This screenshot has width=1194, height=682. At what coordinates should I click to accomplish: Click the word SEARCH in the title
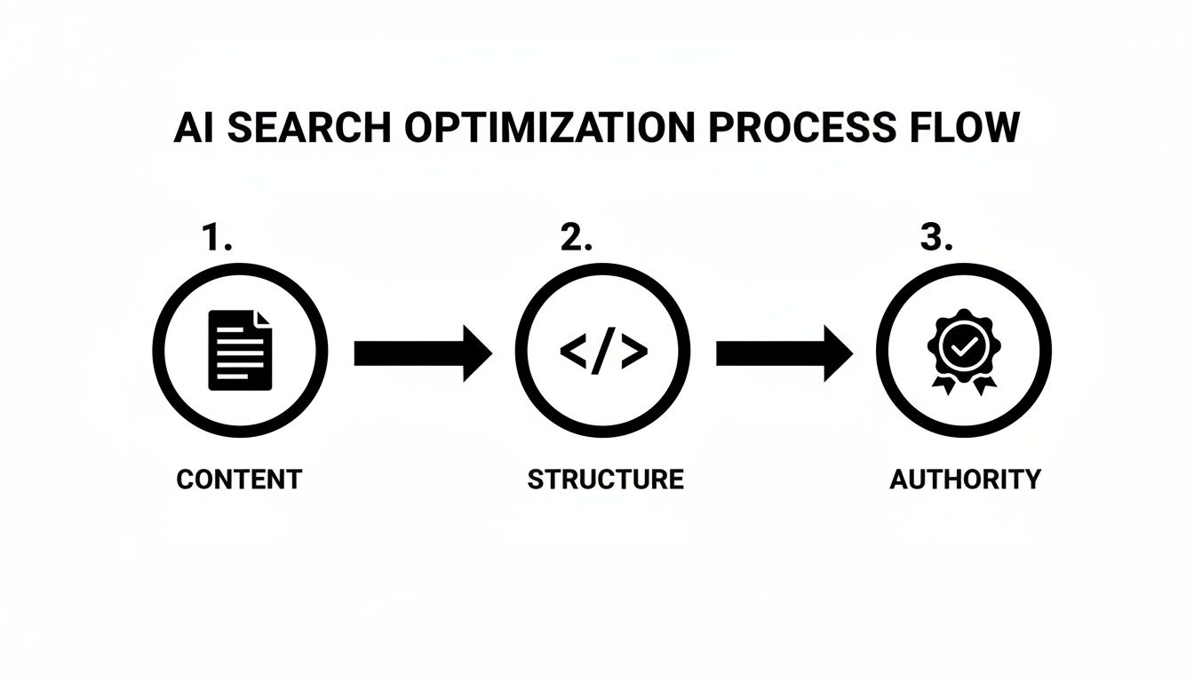[x=308, y=129]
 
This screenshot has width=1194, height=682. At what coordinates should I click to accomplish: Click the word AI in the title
[x=193, y=129]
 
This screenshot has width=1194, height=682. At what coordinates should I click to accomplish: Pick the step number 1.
[x=216, y=237]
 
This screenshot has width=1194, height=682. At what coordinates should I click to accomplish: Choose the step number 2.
[x=577, y=237]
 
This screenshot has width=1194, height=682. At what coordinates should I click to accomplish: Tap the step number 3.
[x=935, y=237]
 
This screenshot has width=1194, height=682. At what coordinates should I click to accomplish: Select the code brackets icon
[x=603, y=352]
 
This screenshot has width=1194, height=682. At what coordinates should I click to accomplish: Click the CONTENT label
[x=239, y=480]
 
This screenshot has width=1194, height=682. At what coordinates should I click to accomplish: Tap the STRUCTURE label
[x=605, y=480]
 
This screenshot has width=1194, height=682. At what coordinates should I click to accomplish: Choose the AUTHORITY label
[x=965, y=480]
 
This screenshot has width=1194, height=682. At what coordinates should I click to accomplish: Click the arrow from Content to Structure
[x=422, y=353]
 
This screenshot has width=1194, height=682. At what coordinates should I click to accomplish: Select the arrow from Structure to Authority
[x=784, y=353]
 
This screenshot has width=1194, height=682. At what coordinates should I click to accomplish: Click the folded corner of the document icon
[x=263, y=317]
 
